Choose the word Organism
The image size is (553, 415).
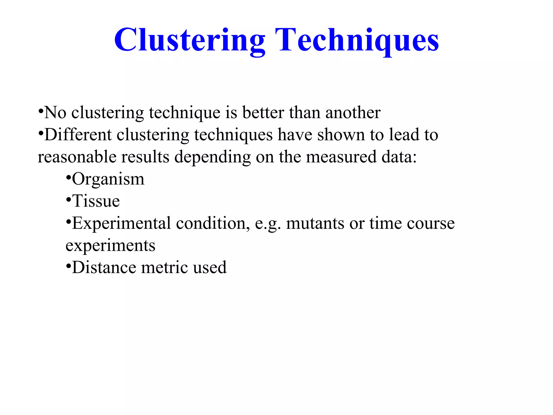[108, 179]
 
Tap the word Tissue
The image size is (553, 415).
[96, 201]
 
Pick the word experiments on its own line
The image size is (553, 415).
[110, 246]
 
